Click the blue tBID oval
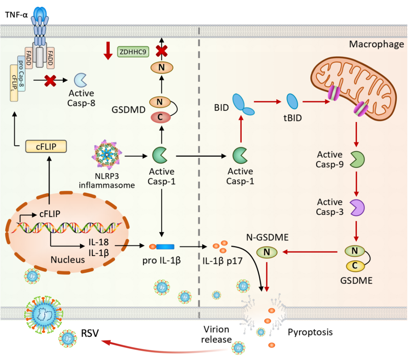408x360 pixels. tap(292, 101)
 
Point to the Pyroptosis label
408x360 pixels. tap(310, 332)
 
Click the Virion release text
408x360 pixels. tap(216, 334)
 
